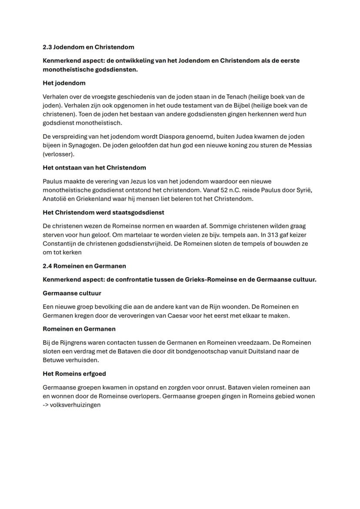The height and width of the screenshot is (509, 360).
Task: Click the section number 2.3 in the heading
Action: pos(47,47)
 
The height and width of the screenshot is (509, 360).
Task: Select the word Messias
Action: pos(300,145)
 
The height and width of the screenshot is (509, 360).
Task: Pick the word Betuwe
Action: pos(53,360)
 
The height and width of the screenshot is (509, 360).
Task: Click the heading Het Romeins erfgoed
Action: pos(74,374)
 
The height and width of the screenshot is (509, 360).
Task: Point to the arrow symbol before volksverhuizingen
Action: pos(46,405)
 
